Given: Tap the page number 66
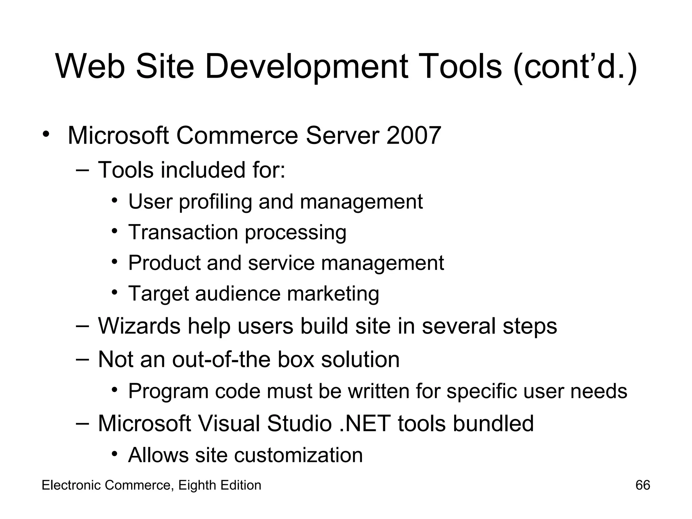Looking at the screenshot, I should tap(643, 485).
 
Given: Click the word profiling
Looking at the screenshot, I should tap(216, 202).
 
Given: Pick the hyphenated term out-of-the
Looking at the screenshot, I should tap(222, 359).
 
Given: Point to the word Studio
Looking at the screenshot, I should tap(299, 423).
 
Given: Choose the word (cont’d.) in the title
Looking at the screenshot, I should tap(575, 67).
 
